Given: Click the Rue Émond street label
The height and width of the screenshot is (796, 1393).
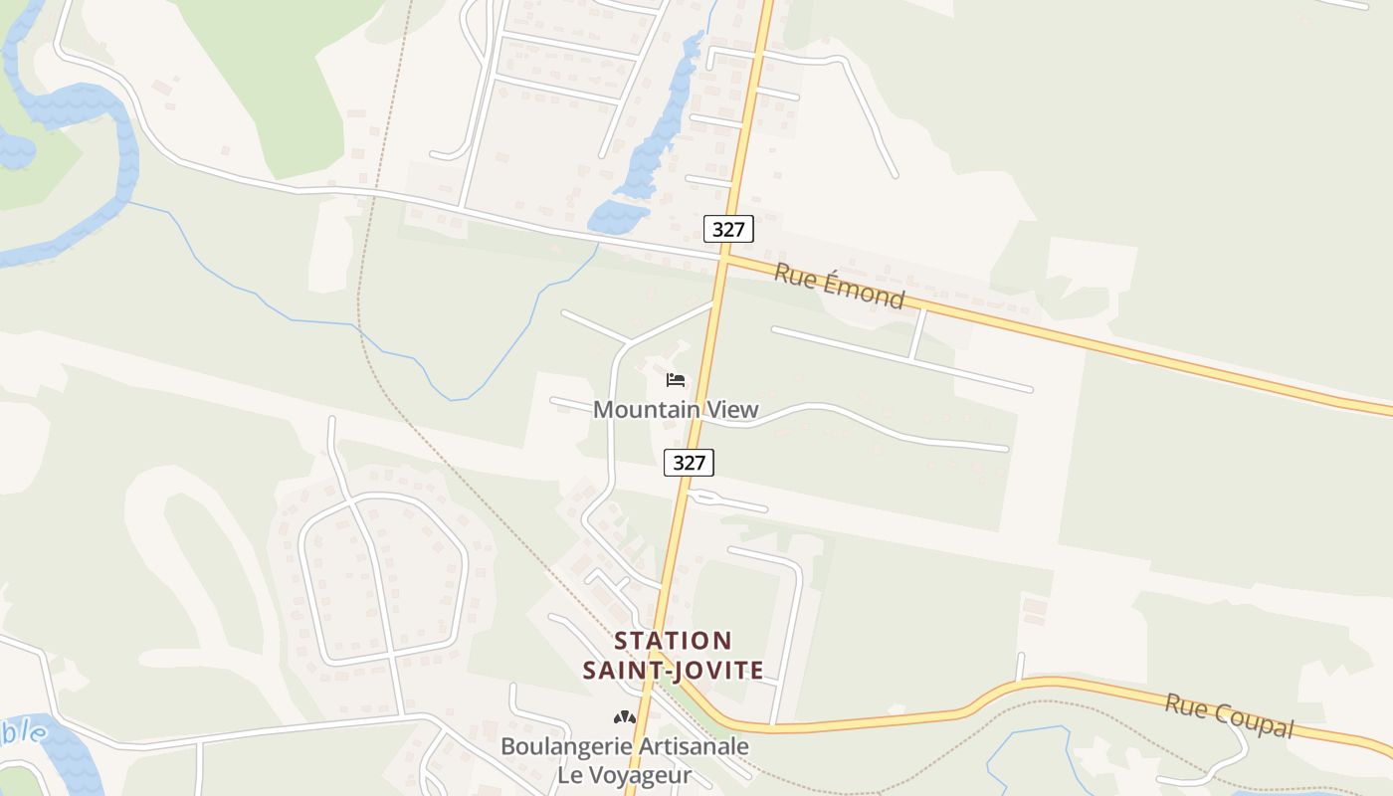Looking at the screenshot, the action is [x=839, y=287].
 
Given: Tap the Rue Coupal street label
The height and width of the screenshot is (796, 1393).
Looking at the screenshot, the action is [x=1229, y=715].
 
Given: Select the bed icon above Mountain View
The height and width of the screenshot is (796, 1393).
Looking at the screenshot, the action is [x=676, y=380].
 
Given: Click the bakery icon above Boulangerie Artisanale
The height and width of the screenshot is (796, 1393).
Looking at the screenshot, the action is [x=624, y=717].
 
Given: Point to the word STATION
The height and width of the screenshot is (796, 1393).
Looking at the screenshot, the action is [x=673, y=641].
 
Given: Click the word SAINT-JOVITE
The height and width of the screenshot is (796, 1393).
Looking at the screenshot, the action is [x=673, y=670].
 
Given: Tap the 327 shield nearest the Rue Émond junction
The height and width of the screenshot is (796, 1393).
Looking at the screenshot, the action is [x=728, y=229].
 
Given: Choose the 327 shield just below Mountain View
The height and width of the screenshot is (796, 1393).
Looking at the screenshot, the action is [x=689, y=463].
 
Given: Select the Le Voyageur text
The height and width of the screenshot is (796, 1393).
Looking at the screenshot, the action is [x=624, y=774].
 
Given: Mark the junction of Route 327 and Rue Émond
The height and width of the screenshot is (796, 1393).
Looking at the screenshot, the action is [x=724, y=257].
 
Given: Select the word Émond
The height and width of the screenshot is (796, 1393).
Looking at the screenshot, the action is [x=865, y=293].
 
